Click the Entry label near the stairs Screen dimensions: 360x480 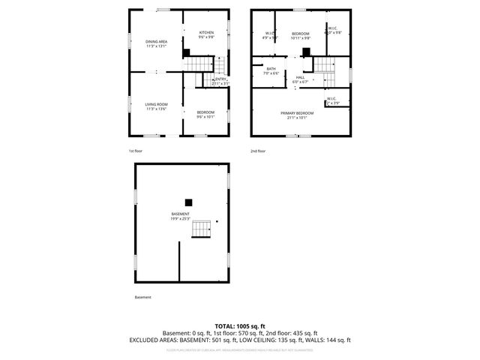(220, 80)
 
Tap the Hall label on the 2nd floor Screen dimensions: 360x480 (300, 78)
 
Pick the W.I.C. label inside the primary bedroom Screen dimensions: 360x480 (331, 100)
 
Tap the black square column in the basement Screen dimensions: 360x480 (190, 201)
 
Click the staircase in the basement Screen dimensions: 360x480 (201, 229)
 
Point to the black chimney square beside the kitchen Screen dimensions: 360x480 (186, 52)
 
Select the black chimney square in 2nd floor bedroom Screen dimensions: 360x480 (306, 52)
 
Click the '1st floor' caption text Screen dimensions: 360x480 (136, 151)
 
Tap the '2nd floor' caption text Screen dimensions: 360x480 (258, 151)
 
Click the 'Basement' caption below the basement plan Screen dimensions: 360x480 (142, 297)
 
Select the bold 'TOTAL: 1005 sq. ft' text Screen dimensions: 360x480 (240, 326)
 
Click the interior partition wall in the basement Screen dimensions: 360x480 (179, 260)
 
